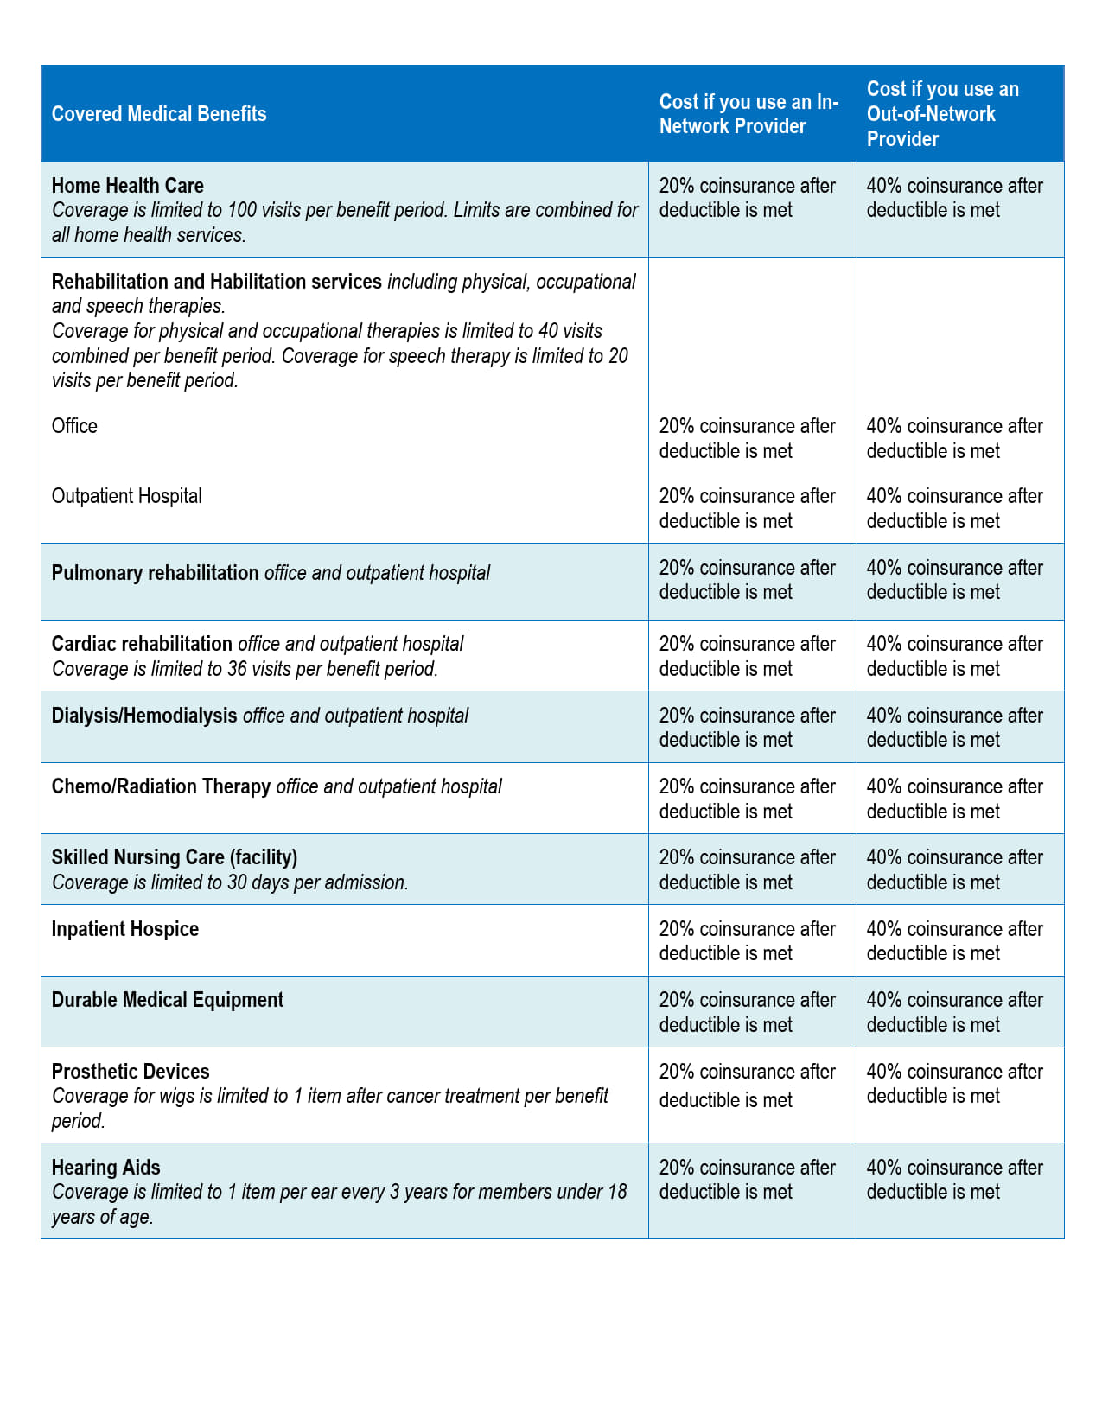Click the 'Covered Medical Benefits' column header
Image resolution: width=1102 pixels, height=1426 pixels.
pyautogui.click(x=159, y=114)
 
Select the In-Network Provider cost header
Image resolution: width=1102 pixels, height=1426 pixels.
pyautogui.click(x=748, y=114)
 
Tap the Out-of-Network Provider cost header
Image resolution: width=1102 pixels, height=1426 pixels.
pyautogui.click(x=942, y=114)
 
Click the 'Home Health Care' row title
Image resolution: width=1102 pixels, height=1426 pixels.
pyautogui.click(x=127, y=186)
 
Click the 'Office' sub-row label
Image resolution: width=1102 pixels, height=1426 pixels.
pyautogui.click(x=74, y=426)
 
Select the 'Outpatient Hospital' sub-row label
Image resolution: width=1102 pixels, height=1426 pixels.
pyautogui.click(x=126, y=496)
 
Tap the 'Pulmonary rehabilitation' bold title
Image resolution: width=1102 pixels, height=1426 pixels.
pyautogui.click(x=155, y=573)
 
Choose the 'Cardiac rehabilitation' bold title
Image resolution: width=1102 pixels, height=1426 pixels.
pyautogui.click(x=142, y=644)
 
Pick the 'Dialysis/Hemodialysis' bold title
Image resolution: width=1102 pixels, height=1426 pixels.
pyautogui.click(x=144, y=716)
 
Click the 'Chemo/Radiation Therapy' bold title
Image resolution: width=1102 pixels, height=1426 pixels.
pyautogui.click(x=161, y=786)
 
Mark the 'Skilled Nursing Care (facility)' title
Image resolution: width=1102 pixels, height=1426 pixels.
pyautogui.click(x=174, y=857)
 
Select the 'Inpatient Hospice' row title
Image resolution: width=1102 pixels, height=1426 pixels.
pyautogui.click(x=124, y=929)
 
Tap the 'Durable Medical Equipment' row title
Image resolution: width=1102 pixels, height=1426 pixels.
pyautogui.click(x=167, y=1000)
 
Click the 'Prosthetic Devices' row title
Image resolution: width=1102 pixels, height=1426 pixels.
pyautogui.click(x=131, y=1072)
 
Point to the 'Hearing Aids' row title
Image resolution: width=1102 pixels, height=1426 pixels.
pyautogui.click(x=105, y=1168)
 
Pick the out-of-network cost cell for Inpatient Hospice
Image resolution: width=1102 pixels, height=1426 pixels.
pyautogui.click(x=954, y=941)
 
